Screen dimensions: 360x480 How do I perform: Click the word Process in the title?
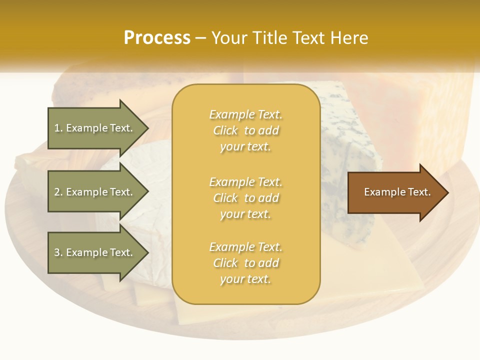157,38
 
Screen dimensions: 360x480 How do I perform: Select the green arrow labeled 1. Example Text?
95,128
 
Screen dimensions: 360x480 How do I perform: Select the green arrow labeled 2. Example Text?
95,192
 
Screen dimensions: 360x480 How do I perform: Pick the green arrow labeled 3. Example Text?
95,252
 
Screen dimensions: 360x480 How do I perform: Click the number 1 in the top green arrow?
57,128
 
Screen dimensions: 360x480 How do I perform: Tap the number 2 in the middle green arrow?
57,192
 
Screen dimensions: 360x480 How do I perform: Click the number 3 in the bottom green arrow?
57,252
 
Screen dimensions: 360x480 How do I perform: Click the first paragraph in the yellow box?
245,130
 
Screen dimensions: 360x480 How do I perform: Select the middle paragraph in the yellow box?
245,197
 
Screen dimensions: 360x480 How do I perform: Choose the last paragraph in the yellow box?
245,263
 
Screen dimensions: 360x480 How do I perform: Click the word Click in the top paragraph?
225,130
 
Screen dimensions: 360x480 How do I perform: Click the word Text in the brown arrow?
419,192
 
